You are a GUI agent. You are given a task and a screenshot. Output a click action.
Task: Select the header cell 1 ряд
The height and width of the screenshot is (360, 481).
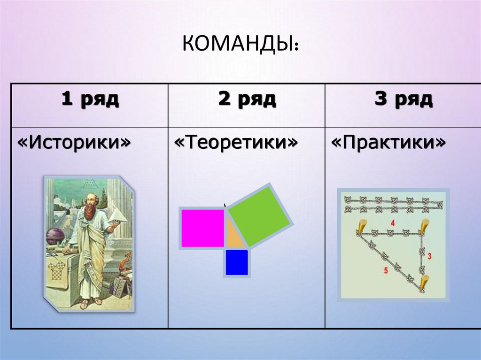[x=89, y=100]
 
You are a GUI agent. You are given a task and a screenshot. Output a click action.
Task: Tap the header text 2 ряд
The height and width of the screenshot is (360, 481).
[x=246, y=100]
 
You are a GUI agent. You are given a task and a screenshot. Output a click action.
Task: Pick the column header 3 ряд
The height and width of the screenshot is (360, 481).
[x=403, y=100]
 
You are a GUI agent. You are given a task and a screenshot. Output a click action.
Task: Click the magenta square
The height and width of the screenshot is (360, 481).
[x=202, y=228]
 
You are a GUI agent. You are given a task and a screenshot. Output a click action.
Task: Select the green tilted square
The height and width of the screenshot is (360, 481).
[x=258, y=216]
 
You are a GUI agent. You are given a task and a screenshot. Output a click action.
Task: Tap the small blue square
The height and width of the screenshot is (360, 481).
[x=236, y=262]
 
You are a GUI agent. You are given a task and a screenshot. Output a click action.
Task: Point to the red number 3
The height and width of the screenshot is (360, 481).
[x=429, y=256]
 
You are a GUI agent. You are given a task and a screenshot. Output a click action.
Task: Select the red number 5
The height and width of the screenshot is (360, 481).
[x=386, y=271]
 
